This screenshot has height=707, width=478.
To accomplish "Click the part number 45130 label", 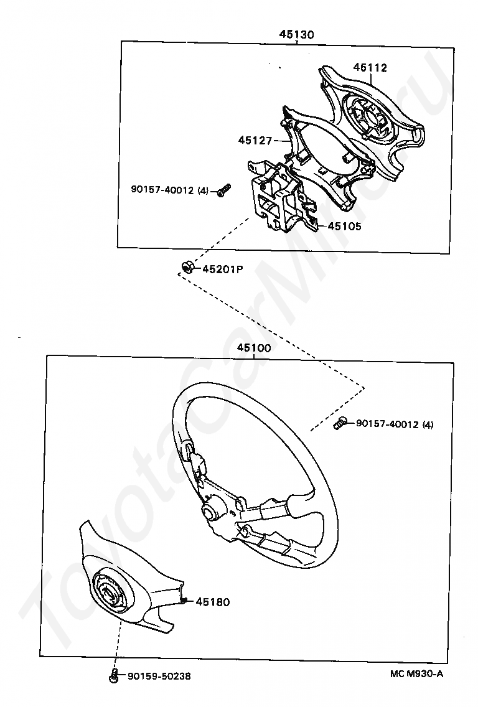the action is point(296,34).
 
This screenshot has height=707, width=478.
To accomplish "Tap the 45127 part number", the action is point(255,141).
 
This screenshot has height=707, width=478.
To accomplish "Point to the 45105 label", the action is point(344,226).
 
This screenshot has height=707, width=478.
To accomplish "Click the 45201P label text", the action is point(222,269).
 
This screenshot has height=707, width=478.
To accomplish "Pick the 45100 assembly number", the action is point(253,349).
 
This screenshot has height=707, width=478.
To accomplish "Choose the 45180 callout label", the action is point(213,602).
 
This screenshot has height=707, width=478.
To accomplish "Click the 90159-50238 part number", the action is point(155,677).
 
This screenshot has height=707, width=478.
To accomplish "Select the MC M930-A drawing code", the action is point(417,673).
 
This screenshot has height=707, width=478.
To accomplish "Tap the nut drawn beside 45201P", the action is point(186,268).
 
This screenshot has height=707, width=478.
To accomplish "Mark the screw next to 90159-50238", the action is point(114,675).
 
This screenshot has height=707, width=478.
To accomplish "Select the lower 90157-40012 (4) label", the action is point(395,424).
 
